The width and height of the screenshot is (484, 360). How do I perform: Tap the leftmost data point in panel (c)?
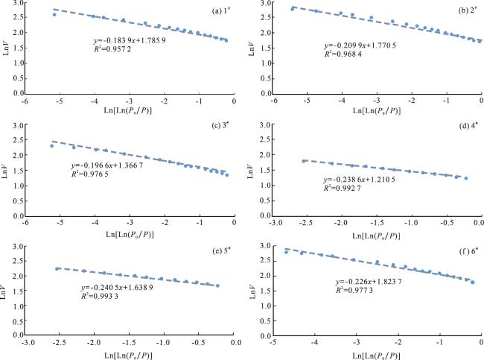pyautogui.click(x=51, y=145)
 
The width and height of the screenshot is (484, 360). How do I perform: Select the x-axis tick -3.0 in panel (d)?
pyautogui.click(x=275, y=222)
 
